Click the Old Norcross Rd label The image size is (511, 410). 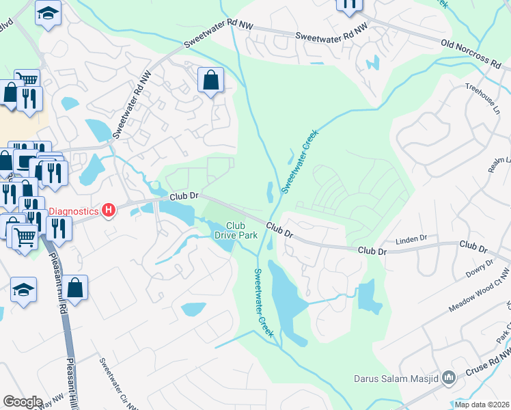tap(471, 53)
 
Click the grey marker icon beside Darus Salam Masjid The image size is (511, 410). tap(448, 377)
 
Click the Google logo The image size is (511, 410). tap(23, 402)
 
